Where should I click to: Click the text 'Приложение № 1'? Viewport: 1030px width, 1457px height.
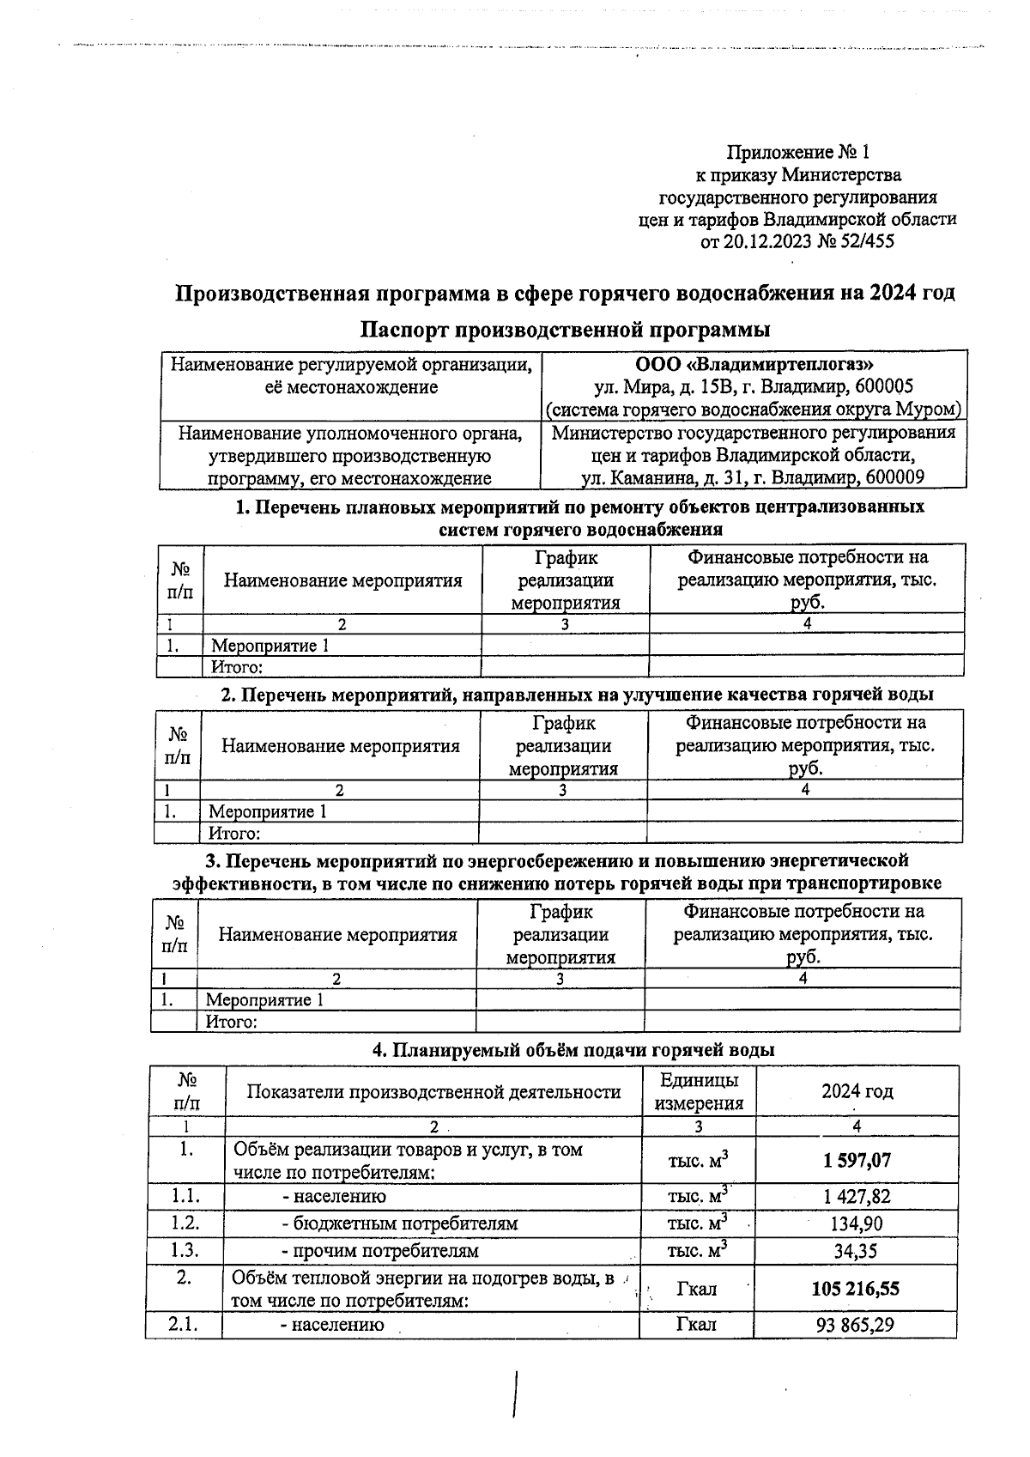point(798,153)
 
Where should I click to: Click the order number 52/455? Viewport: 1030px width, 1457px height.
point(867,242)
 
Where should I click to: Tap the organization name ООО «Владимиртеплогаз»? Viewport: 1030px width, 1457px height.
point(754,365)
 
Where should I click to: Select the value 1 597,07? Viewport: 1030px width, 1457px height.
point(857,1161)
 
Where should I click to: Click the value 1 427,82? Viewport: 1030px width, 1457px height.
point(857,1196)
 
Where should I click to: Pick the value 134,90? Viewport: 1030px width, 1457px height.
point(857,1223)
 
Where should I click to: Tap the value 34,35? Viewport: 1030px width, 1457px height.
point(856,1251)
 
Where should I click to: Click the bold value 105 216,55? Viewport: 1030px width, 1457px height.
point(855,1289)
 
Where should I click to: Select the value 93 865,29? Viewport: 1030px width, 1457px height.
point(855,1325)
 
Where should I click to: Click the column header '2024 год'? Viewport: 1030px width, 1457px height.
point(857,1091)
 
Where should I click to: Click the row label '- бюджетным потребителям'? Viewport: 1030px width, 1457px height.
point(399,1223)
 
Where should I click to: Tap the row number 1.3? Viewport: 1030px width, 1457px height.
point(185,1251)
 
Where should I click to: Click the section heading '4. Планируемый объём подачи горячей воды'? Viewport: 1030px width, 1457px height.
point(573,1050)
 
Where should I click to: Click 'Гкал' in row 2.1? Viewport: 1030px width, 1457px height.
point(697,1325)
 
